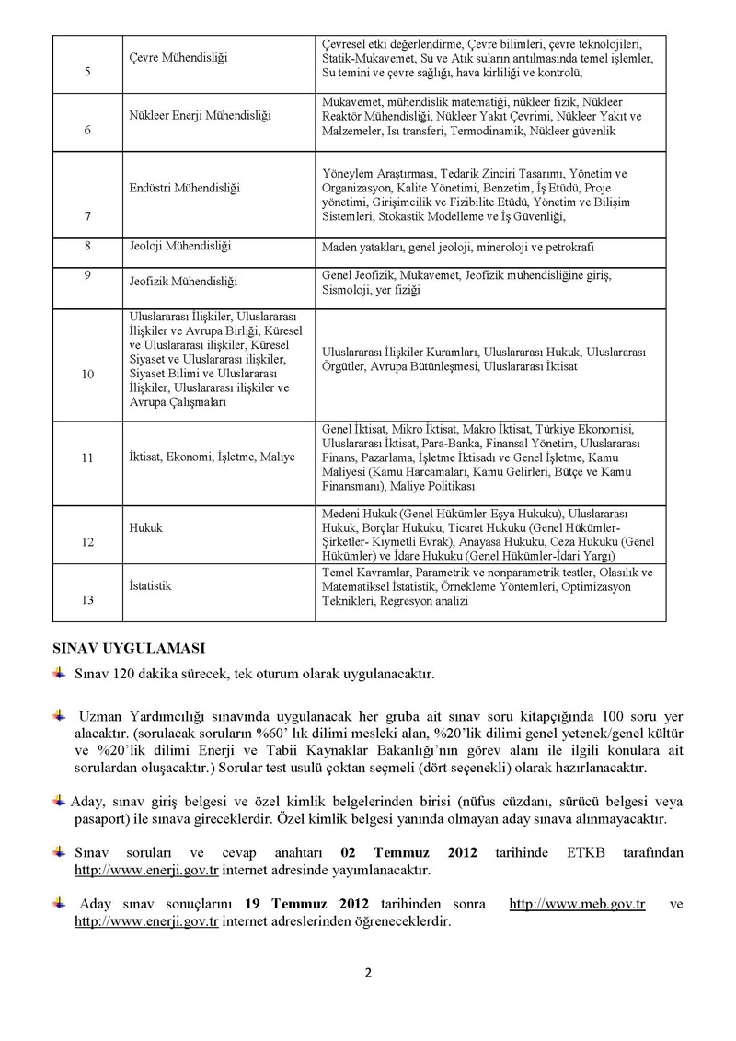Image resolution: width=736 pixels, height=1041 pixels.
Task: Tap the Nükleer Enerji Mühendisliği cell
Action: pyautogui.click(x=194, y=115)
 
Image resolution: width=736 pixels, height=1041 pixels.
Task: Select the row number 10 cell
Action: pyautogui.click(x=87, y=375)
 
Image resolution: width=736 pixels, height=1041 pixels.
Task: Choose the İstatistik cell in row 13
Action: pyautogui.click(x=152, y=584)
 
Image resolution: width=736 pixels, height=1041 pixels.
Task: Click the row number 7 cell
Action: pyautogui.click(x=86, y=216)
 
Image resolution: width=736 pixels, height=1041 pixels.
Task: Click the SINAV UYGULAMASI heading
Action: pyautogui.click(x=128, y=648)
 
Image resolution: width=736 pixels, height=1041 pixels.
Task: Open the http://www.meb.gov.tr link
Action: pyautogui.click(x=577, y=905)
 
